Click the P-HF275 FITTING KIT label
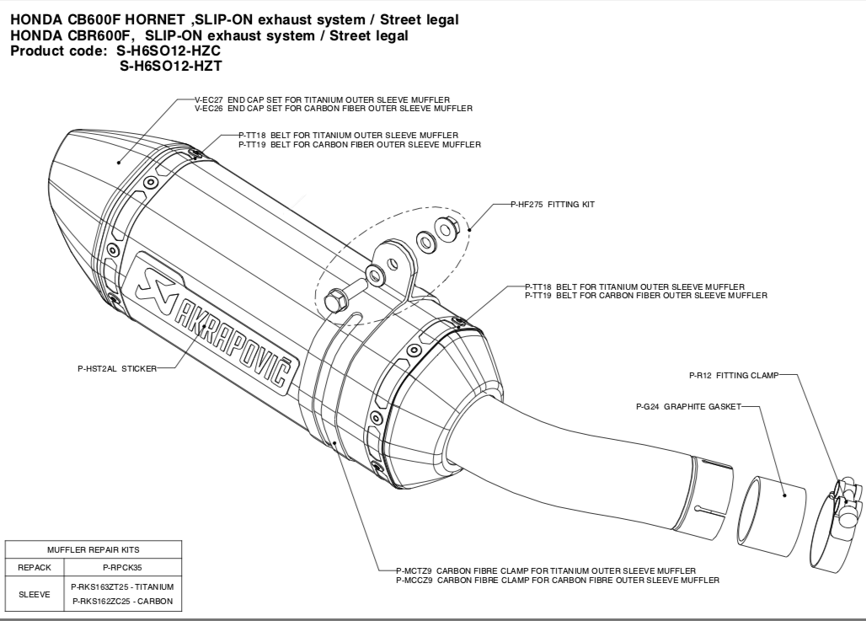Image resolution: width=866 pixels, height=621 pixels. tap(553, 204)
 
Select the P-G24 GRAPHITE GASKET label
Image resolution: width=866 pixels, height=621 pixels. tap(688, 406)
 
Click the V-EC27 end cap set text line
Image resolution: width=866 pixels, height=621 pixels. tap(321, 99)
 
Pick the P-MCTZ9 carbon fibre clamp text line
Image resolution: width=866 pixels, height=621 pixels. tap(545, 571)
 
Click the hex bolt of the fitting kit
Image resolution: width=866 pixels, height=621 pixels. tap(335, 298)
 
